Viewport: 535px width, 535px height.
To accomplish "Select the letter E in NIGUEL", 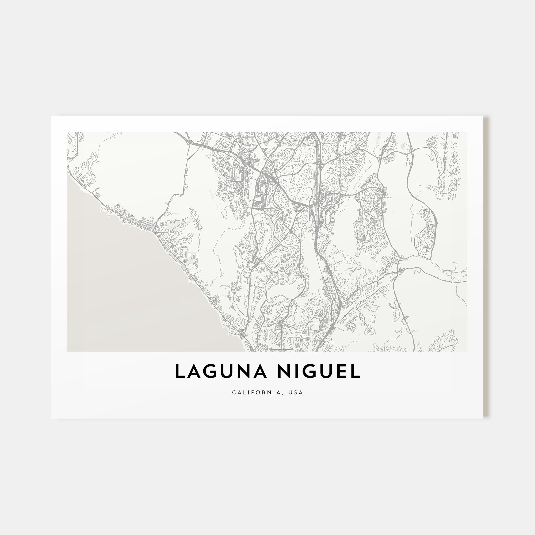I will [342, 371].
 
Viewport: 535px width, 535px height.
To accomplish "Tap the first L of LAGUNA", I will [180, 371].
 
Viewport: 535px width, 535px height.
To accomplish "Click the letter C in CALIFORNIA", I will [234, 392].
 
